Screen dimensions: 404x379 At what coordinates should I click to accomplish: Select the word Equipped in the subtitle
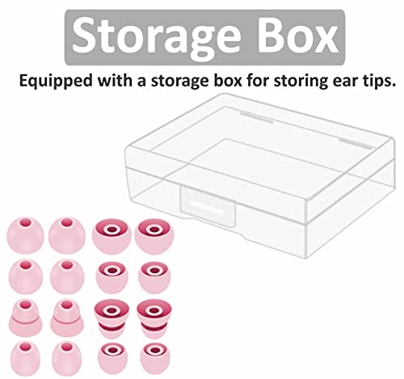tap(56, 81)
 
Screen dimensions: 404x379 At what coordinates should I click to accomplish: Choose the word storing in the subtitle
tap(301, 81)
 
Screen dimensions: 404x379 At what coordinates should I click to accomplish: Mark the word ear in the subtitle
tap(345, 82)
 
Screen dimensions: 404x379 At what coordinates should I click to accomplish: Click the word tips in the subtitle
tap(379, 81)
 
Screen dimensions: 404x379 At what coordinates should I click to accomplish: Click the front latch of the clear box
tap(208, 207)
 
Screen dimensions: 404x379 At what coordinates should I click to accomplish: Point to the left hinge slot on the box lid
tap(256, 118)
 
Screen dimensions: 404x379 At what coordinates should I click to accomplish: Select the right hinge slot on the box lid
tap(356, 144)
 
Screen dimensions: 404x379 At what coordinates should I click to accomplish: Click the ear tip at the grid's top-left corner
tap(25, 235)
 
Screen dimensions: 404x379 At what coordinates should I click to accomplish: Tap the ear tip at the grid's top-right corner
tap(154, 236)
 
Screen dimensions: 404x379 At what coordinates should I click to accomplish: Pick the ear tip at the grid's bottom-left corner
tap(25, 358)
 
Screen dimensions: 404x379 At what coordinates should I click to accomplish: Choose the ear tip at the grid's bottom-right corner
tap(155, 359)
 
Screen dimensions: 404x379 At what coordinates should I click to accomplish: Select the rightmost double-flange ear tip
tap(154, 318)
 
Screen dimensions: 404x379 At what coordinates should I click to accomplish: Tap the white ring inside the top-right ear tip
tap(154, 230)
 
